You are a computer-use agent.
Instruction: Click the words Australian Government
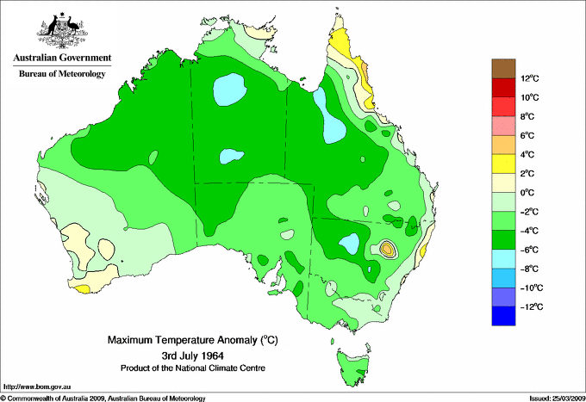click(x=61, y=59)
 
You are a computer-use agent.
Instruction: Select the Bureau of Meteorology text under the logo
click(x=61, y=74)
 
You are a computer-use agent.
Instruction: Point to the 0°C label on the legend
click(x=528, y=193)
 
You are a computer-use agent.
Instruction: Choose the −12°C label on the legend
click(x=530, y=306)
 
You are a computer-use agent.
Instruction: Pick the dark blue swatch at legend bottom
click(x=502, y=316)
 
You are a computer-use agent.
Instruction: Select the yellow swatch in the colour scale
click(x=502, y=163)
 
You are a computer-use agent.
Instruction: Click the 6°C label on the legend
click(x=528, y=136)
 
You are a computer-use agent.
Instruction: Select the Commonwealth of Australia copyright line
click(x=103, y=397)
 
